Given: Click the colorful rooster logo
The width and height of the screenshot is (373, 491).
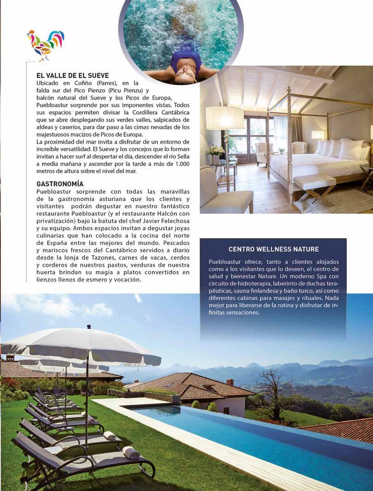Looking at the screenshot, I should coord(45,45).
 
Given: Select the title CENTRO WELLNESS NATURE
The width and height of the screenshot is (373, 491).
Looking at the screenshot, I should coord(274,249).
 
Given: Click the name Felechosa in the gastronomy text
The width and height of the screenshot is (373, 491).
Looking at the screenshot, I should coord(162,221).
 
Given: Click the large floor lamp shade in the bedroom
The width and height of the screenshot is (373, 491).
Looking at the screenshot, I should coord(225,118).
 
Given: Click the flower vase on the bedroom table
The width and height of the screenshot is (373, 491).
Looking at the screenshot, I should coord(215,151).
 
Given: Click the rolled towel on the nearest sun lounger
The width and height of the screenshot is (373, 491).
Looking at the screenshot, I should coord(131,452).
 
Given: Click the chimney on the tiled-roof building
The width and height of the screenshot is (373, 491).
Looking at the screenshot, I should coord(230,382).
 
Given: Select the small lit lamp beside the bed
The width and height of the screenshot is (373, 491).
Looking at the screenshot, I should coord(318,135).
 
